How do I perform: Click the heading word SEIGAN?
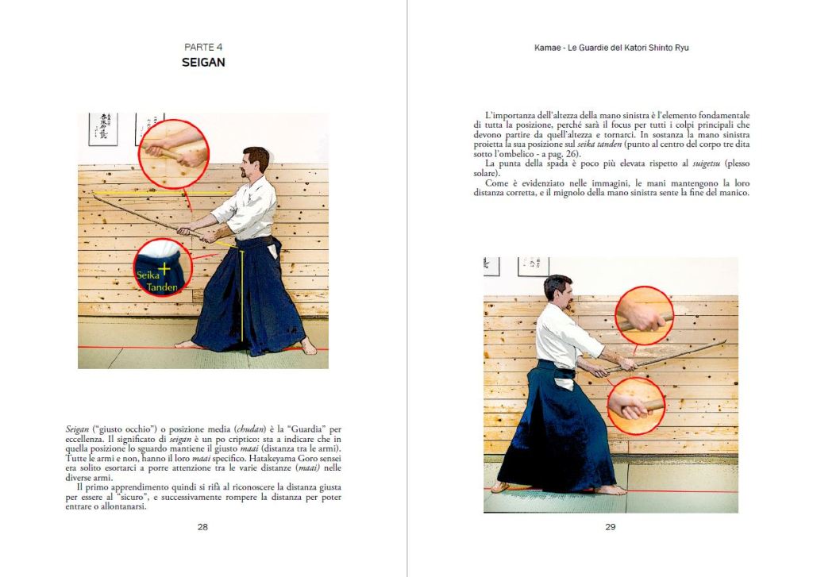pyautogui.click(x=203, y=62)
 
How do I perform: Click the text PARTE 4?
pyautogui.click(x=203, y=47)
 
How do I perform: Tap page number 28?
pyautogui.click(x=202, y=527)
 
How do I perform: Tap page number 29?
pyautogui.click(x=611, y=527)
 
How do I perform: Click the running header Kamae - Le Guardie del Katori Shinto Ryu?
pyautogui.click(x=611, y=48)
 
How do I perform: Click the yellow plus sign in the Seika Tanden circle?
pyautogui.click(x=164, y=268)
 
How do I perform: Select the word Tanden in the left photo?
pyautogui.click(x=162, y=287)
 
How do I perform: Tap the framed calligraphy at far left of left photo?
pyautogui.click(x=102, y=129)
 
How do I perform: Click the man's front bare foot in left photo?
pyautogui.click(x=187, y=344)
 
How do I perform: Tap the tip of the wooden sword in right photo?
pyautogui.click(x=726, y=341)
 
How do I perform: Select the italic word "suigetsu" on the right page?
pyautogui.click(x=707, y=163)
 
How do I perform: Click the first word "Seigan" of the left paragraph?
pyautogui.click(x=77, y=429)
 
